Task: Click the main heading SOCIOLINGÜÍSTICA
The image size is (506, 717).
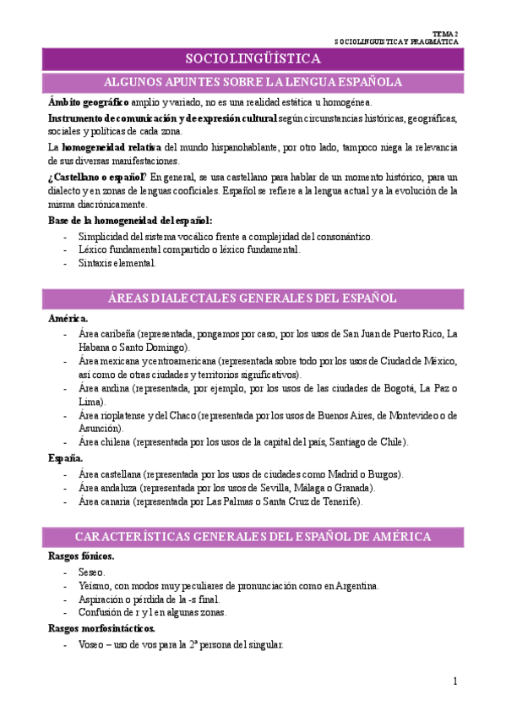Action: click(253, 58)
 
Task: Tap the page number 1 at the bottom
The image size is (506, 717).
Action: click(454, 681)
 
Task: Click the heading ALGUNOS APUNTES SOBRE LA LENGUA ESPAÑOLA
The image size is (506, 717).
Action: click(253, 82)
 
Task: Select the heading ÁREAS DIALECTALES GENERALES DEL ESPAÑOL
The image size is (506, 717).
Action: click(253, 298)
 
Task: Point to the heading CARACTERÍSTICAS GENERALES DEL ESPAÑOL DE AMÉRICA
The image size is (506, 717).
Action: click(253, 537)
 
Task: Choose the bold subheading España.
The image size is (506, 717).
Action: click(66, 458)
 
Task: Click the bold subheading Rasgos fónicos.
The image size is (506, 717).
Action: click(81, 557)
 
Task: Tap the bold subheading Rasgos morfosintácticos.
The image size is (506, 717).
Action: click(101, 628)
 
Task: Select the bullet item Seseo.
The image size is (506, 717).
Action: click(91, 572)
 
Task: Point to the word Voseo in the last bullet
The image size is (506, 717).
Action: click(93, 643)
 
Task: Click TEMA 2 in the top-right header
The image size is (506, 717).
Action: click(444, 30)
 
